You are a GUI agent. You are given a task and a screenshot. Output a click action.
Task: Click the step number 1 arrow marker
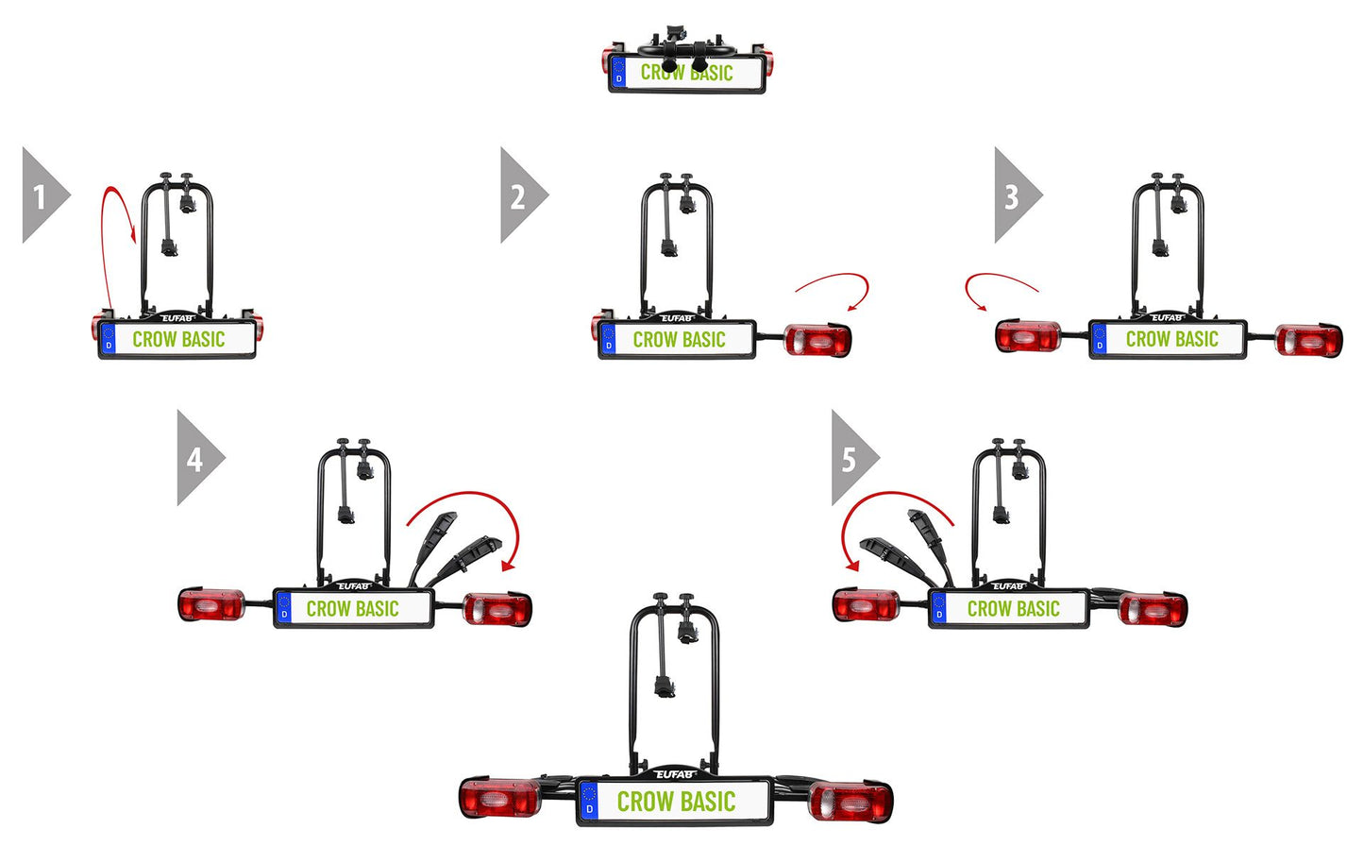coord(42,195)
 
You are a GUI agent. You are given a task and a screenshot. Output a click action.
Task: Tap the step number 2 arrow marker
coord(520,195)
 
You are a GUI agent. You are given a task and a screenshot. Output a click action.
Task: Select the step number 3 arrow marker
coord(1014,195)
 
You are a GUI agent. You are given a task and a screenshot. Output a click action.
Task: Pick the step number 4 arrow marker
coord(196,459)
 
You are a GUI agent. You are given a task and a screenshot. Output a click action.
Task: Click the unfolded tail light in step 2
coord(817,340)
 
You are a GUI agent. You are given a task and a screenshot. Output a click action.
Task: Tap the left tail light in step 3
coord(1028,337)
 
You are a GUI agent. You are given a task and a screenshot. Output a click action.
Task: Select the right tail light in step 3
coord(1308,340)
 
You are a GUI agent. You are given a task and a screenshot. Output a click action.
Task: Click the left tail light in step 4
coord(211,605)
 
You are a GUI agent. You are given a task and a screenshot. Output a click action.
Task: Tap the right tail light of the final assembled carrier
coord(850,803)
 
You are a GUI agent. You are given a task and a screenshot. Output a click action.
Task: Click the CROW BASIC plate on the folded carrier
coord(686,73)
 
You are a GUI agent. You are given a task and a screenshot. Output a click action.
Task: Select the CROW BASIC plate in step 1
coord(177,340)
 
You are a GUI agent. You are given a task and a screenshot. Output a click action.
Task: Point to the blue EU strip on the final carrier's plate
coord(589,803)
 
